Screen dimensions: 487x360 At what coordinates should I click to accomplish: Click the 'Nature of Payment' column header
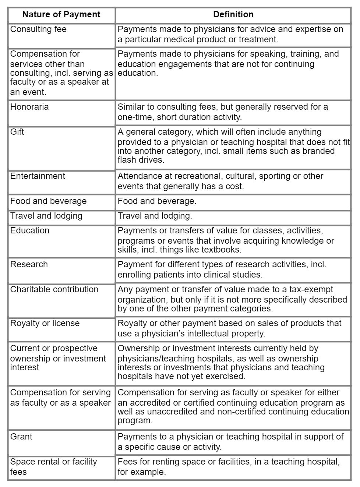tap(61, 15)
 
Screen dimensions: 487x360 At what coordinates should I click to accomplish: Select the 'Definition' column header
tap(233, 15)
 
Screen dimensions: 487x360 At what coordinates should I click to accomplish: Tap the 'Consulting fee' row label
tap(38, 29)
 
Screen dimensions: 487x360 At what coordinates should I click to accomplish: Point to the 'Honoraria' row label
tap(29, 107)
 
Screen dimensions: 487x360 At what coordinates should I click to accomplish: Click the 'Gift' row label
tap(17, 132)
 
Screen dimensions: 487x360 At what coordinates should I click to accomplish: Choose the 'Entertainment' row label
tap(38, 176)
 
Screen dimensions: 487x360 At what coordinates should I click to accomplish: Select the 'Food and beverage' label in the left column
tap(48, 201)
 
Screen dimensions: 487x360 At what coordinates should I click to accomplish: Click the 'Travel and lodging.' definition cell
tap(155, 216)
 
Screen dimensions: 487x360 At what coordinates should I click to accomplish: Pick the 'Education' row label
tap(29, 231)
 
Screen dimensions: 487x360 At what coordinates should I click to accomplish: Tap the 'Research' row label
tap(29, 265)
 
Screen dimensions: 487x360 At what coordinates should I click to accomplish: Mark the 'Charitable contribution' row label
tap(54, 290)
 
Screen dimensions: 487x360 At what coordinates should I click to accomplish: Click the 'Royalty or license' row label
tap(45, 324)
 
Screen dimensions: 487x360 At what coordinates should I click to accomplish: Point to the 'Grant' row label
tap(21, 437)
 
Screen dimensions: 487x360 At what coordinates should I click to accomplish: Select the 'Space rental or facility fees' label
tap(53, 467)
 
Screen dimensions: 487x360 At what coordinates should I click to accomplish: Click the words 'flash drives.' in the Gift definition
tap(141, 160)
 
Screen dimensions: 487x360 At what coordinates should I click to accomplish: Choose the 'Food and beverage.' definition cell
tap(157, 201)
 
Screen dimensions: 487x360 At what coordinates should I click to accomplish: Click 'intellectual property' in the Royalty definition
tap(225, 334)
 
